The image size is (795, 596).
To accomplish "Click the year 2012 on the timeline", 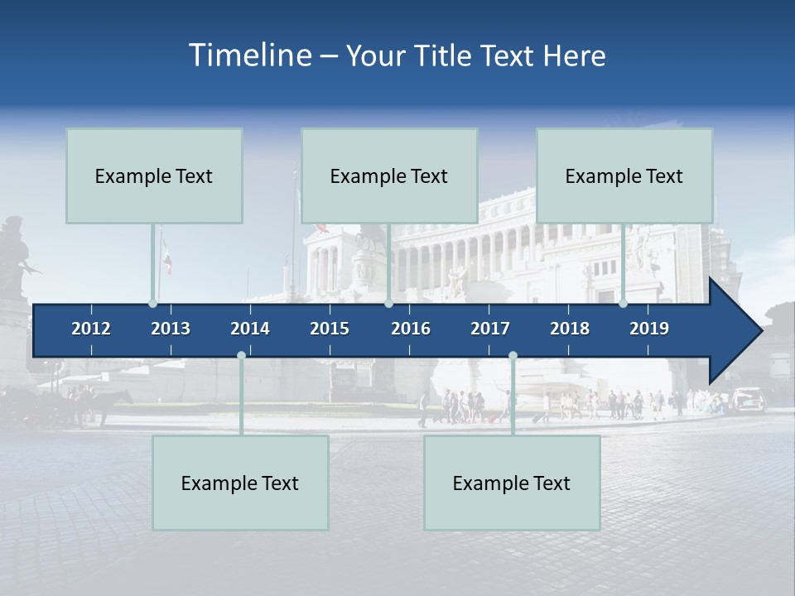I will [x=91, y=329].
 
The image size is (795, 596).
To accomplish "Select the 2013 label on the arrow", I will [x=171, y=329].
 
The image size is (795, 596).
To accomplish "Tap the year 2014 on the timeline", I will [x=250, y=329].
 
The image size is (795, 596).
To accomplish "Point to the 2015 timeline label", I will [x=330, y=329].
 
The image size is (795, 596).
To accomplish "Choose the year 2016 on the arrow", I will [x=411, y=329].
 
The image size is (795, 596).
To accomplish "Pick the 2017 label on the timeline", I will [x=490, y=329].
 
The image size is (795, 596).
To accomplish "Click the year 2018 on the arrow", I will [x=570, y=329].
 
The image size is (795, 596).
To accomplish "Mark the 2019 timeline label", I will [x=649, y=329].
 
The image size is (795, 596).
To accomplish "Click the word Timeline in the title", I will [x=249, y=55].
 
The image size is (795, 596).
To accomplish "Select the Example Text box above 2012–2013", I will [x=154, y=175].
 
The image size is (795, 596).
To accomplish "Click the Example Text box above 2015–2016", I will [x=389, y=175].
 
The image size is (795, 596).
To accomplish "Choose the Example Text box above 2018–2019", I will [x=624, y=175].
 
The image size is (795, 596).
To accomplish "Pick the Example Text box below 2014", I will [x=240, y=483].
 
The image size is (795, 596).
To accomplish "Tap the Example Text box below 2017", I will [x=512, y=483].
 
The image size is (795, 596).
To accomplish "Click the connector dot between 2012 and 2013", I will [x=152, y=304].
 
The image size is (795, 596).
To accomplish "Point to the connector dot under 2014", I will [x=241, y=355].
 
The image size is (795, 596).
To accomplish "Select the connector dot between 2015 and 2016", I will [x=388, y=304].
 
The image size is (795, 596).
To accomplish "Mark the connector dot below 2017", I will [x=513, y=355].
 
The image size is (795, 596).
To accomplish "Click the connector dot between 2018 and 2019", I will [x=624, y=304].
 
